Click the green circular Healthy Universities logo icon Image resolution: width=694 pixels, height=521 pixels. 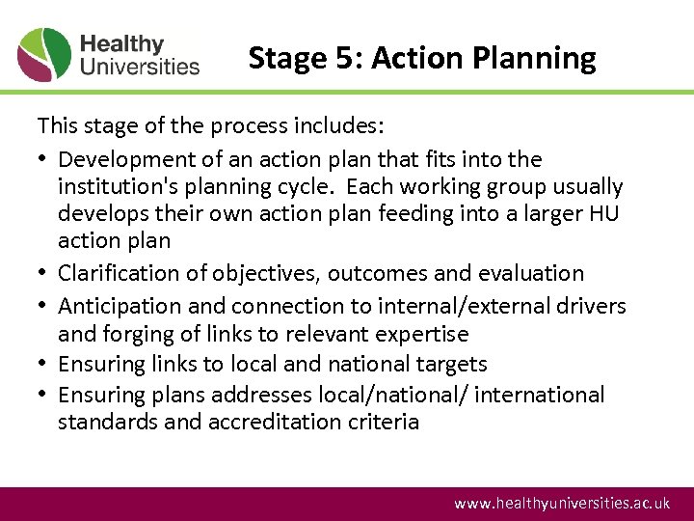(x=44, y=55)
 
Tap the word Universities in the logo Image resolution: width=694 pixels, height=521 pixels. (x=140, y=67)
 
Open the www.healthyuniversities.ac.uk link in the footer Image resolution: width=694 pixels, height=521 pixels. (x=562, y=504)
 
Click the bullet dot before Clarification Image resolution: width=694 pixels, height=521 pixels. (x=43, y=275)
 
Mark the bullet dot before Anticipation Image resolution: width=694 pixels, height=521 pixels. (x=43, y=307)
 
